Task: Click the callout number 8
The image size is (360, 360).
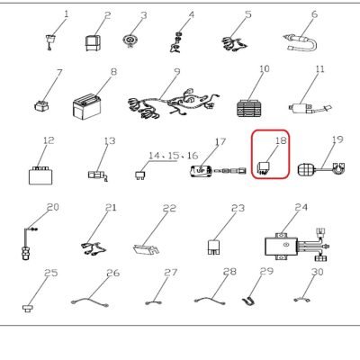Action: (x=113, y=72)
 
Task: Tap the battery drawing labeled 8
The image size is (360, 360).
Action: (x=86, y=106)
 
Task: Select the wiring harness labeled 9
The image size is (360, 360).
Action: (x=174, y=103)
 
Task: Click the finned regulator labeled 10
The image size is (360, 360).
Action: (x=249, y=108)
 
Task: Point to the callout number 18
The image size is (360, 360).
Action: (x=281, y=140)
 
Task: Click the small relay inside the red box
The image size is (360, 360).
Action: (x=264, y=169)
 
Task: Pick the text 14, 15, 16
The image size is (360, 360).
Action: (x=174, y=156)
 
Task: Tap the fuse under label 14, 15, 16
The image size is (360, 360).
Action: (x=139, y=175)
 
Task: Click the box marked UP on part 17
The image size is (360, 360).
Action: (x=202, y=171)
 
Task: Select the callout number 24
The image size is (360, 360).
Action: (x=301, y=207)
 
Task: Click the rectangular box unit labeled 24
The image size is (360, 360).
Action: (x=281, y=247)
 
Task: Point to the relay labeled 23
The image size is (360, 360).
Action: (x=214, y=247)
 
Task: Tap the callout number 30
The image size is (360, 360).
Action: (x=318, y=272)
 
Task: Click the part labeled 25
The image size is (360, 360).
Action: (x=28, y=308)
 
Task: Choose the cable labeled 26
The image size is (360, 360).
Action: (x=90, y=301)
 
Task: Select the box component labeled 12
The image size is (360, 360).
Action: (x=41, y=175)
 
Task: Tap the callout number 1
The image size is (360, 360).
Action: (x=66, y=14)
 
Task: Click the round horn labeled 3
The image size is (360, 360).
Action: (x=130, y=40)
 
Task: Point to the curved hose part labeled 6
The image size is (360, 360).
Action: (x=300, y=43)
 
